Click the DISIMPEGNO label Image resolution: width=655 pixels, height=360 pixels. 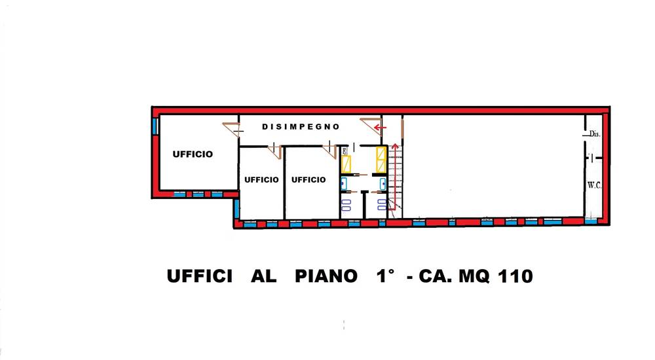301,126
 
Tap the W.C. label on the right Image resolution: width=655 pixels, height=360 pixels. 595,185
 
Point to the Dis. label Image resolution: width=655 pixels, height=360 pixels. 594,134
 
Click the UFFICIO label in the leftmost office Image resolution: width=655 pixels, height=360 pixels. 193,154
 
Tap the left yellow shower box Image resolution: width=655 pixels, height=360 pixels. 347,162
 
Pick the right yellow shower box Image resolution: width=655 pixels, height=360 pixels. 380,158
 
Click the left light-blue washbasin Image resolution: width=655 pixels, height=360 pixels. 343,183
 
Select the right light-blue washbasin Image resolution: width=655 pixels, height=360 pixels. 383,183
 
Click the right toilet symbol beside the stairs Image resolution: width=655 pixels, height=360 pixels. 381,204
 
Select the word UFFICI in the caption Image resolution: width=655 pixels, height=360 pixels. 200,277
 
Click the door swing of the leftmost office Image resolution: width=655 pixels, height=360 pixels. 231,129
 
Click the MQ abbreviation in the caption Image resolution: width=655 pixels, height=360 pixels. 468,277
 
